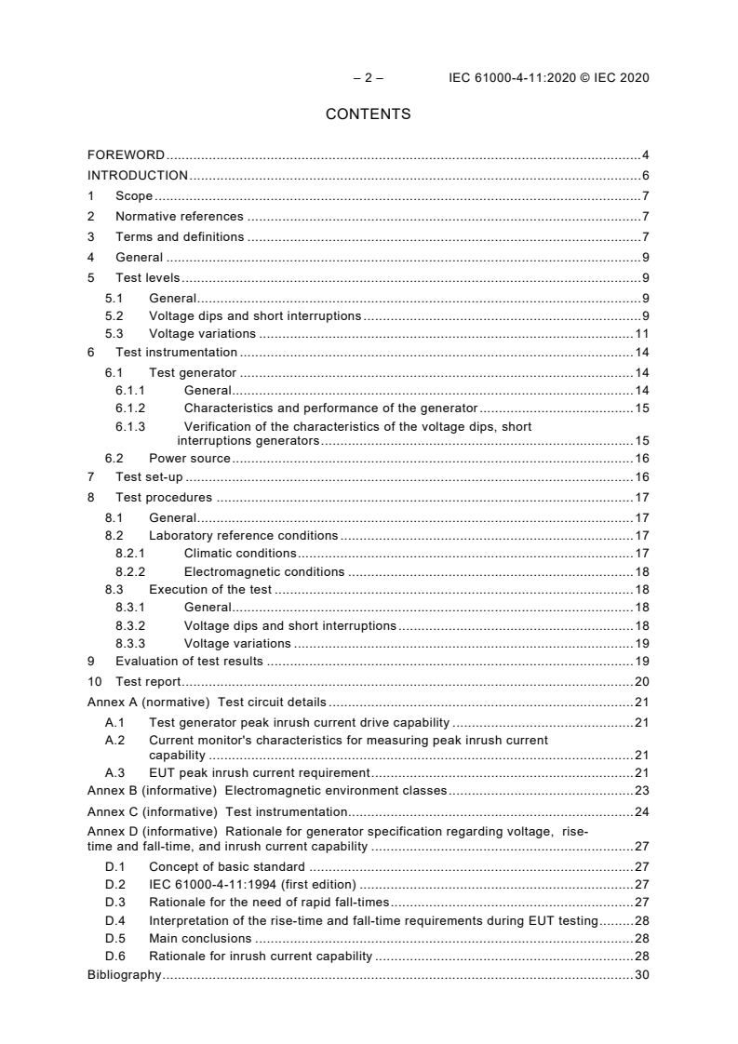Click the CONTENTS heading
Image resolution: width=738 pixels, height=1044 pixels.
(x=368, y=114)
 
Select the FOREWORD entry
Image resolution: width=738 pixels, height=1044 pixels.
(x=126, y=154)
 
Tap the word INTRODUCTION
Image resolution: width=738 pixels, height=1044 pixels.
(x=138, y=176)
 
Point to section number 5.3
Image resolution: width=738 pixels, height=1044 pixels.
(x=114, y=334)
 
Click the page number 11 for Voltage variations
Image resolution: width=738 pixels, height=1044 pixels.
(x=641, y=334)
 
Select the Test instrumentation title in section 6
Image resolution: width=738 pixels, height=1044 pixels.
(x=176, y=353)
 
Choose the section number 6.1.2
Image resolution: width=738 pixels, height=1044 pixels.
(x=130, y=408)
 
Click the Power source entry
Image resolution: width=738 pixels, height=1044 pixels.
(x=190, y=458)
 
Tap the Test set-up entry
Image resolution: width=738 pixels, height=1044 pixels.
(x=149, y=477)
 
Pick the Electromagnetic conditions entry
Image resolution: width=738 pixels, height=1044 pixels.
(x=263, y=572)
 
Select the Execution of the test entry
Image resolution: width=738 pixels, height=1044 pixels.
(x=210, y=590)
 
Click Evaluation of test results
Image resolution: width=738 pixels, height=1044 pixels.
(x=189, y=662)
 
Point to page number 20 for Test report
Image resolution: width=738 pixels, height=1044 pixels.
(x=641, y=682)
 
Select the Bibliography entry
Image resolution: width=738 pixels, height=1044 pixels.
(x=124, y=975)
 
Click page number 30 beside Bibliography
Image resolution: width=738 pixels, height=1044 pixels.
(x=641, y=975)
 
